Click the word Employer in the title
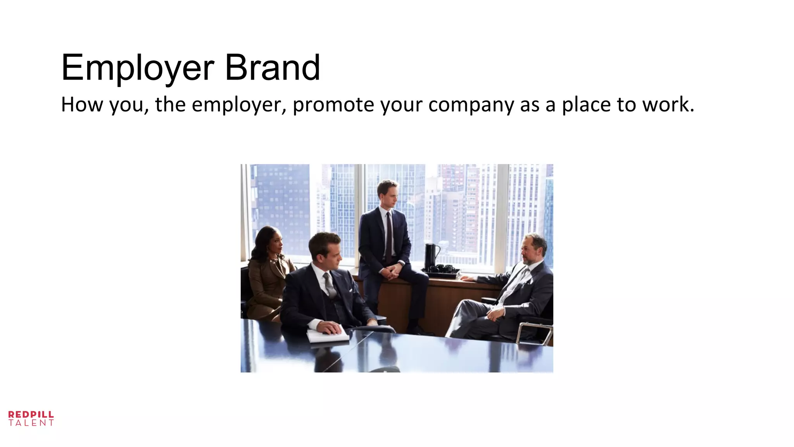pyautogui.click(x=138, y=68)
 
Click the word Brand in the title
pyautogui.click(x=272, y=68)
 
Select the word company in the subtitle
pyautogui.click(x=471, y=105)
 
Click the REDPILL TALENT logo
pyautogui.click(x=31, y=419)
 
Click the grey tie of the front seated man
pyautogui.click(x=330, y=285)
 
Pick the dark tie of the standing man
pyautogui.click(x=388, y=237)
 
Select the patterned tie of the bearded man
pyautogui.click(x=514, y=285)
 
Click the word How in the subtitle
pyautogui.click(x=82, y=104)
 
